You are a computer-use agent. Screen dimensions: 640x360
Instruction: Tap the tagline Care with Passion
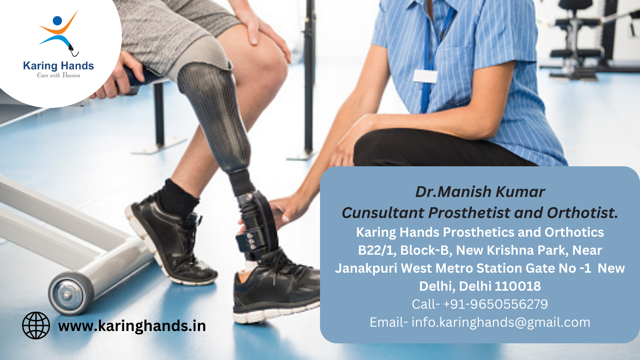[59, 75]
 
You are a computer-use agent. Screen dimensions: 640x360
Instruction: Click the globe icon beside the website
[36, 325]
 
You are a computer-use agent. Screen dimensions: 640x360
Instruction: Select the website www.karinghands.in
[132, 326]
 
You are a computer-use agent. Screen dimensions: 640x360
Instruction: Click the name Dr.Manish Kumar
[480, 192]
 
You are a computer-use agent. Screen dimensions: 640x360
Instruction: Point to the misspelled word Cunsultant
[383, 213]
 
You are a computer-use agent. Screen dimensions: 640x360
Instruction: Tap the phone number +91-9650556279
[496, 304]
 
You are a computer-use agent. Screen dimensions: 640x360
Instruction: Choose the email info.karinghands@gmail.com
[501, 322]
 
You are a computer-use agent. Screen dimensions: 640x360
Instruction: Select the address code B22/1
[377, 250]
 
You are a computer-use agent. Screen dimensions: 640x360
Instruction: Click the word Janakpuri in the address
[366, 269]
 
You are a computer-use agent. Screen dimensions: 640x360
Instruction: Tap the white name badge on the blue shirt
[425, 76]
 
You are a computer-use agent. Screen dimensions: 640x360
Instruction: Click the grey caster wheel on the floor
[71, 293]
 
